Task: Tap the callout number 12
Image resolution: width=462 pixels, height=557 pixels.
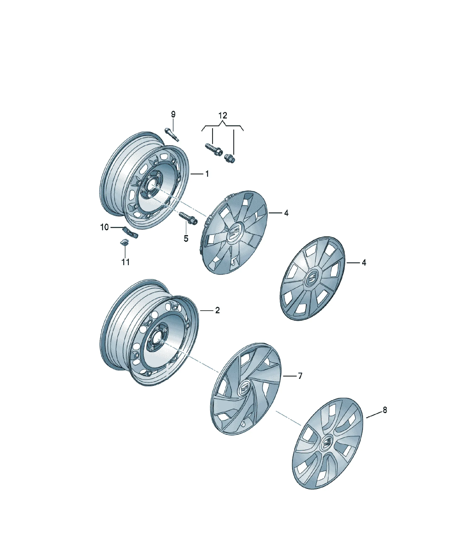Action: tap(223, 116)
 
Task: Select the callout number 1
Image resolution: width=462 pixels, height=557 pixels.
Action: tap(207, 174)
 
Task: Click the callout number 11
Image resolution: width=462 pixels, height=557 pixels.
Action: tap(125, 262)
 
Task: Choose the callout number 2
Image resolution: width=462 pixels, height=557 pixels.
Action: tap(217, 310)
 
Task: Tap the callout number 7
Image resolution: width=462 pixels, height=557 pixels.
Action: tap(300, 376)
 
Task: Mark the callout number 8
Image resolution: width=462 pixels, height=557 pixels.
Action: tap(385, 410)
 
